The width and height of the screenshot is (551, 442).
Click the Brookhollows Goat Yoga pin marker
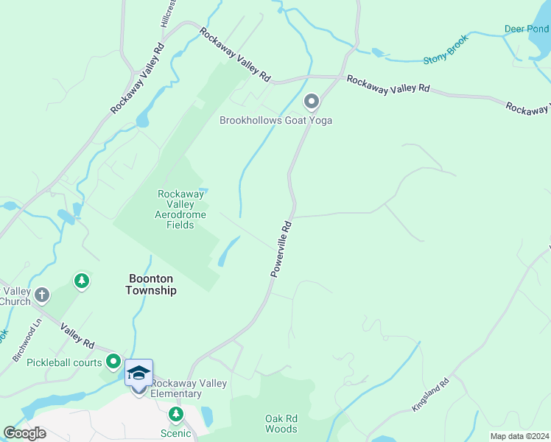coord(312,101)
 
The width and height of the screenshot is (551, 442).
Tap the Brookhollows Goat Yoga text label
coord(275,119)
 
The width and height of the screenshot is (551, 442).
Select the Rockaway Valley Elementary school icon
coord(138,374)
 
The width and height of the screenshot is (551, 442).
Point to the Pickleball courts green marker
coord(113,362)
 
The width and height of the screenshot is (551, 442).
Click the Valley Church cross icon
coord(42,295)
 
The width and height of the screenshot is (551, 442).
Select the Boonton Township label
coord(151,284)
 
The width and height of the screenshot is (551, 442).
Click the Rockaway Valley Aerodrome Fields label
coord(176,209)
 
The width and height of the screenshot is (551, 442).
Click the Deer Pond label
coord(526,29)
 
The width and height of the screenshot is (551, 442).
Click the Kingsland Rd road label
coord(430,396)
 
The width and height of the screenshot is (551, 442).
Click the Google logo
coord(25,432)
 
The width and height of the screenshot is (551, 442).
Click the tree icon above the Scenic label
coord(175,415)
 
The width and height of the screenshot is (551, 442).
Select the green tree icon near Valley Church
coord(82,281)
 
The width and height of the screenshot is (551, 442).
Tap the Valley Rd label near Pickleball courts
coord(77,337)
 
